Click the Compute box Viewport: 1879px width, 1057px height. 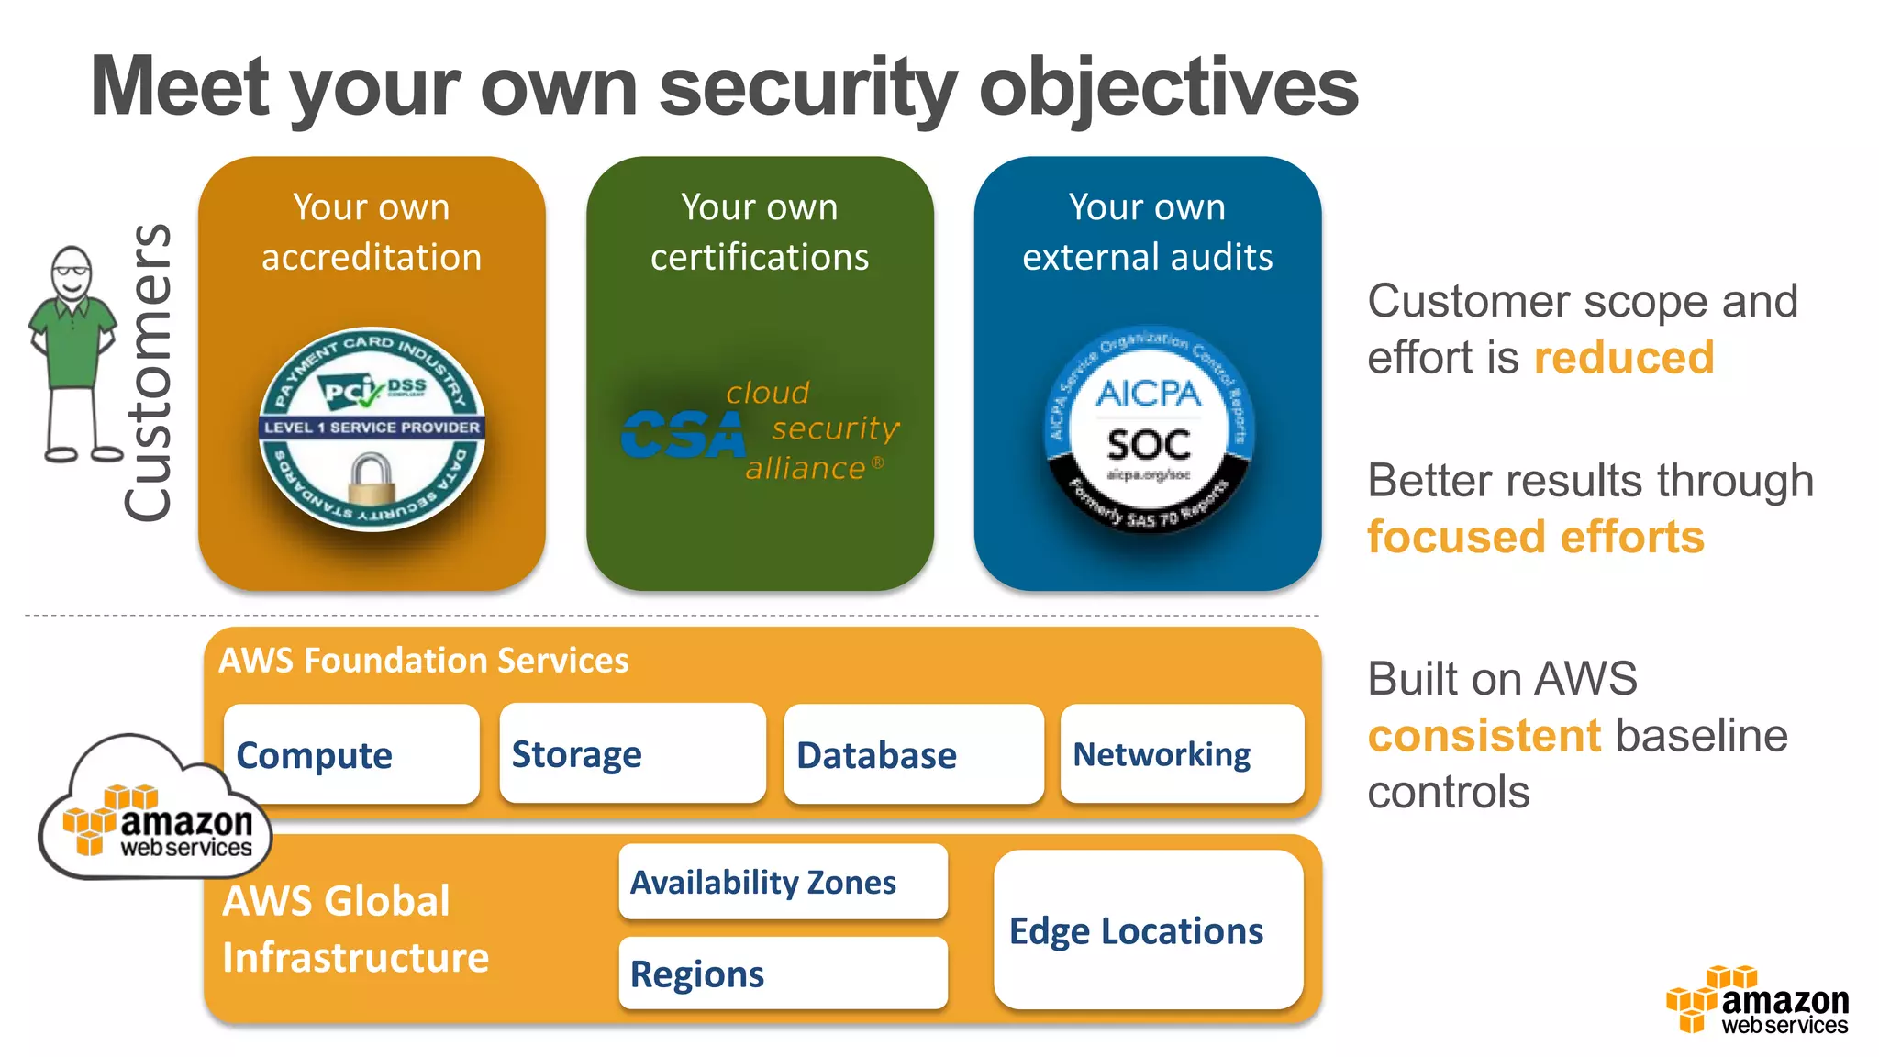coord(351,754)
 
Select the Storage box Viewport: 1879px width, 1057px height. coord(632,754)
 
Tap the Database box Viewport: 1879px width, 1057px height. coord(914,754)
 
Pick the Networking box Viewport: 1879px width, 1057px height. coord(1182,754)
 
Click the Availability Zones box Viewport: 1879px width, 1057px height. coord(783,882)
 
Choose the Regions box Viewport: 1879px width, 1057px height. coord(783,974)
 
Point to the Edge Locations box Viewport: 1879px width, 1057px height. coord(1148,930)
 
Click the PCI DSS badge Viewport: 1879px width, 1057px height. coord(372,429)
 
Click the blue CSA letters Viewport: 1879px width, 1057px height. coord(683,435)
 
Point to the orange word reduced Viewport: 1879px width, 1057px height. coord(1623,358)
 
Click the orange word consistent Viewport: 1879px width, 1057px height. coord(1484,736)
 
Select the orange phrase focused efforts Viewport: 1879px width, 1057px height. coord(1535,538)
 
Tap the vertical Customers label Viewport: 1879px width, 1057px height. coord(148,373)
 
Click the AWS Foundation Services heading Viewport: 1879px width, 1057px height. coord(424,661)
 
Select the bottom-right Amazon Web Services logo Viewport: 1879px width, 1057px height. coord(1757,1002)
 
